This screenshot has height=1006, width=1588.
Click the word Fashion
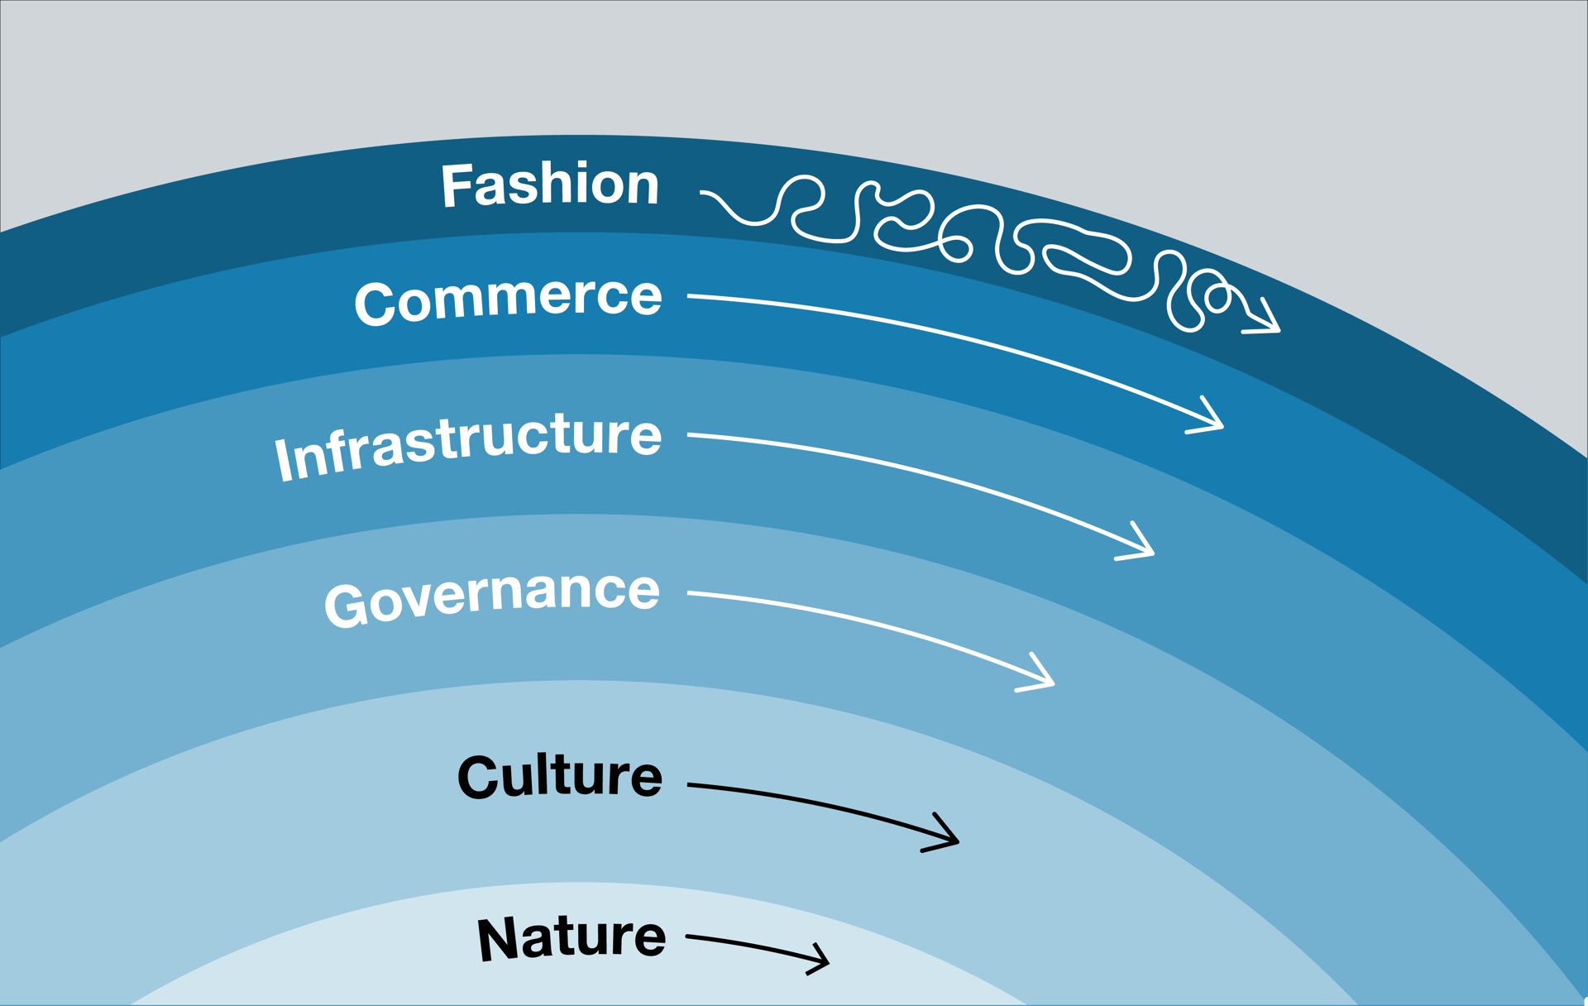(x=550, y=184)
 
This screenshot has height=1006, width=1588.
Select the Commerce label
(x=508, y=299)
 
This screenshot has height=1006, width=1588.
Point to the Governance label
(x=492, y=597)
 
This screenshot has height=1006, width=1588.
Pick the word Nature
(x=572, y=938)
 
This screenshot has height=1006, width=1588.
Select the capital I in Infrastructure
(x=285, y=459)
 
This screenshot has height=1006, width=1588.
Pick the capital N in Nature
(x=497, y=940)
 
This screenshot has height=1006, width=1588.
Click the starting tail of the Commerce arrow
(x=691, y=295)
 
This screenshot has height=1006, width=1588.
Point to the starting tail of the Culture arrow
(x=691, y=784)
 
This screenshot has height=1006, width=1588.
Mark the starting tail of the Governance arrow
(x=691, y=593)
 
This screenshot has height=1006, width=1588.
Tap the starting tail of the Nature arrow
(x=690, y=937)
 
